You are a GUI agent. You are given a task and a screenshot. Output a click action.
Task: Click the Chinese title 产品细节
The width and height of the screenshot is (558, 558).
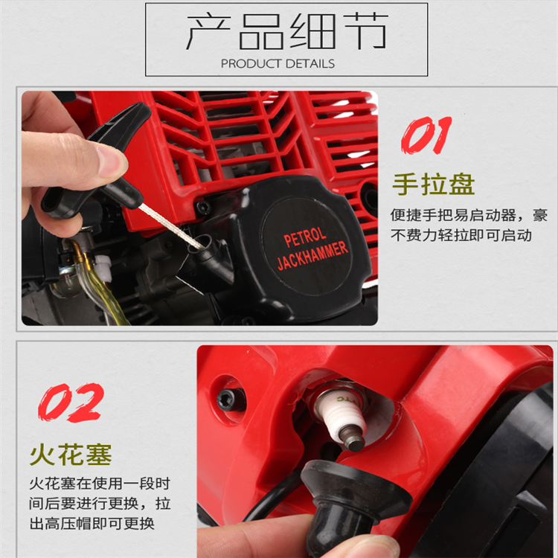coord(287,31)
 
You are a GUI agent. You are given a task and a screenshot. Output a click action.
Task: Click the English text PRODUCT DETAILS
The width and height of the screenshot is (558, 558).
coord(278,64)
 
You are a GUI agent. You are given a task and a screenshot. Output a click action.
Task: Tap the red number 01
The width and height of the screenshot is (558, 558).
coord(426,135)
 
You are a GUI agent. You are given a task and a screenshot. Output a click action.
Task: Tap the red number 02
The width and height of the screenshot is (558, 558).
coord(71,402)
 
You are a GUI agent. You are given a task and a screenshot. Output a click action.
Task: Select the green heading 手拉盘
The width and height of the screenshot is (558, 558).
coord(434,184)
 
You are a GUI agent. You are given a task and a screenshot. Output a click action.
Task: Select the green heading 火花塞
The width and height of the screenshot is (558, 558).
coord(71,455)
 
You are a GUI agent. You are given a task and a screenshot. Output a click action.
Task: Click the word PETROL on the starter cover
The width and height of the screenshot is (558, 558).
coord(304,237)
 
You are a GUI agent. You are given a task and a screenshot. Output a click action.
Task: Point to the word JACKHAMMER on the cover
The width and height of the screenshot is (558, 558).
coord(312,255)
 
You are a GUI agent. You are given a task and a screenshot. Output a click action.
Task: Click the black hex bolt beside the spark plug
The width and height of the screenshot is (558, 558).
coord(231,400)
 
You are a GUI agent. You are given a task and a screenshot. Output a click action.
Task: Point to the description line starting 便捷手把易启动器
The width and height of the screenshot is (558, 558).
coord(469,215)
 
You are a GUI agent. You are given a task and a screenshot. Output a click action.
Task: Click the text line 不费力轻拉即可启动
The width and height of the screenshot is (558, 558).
coord(461,235)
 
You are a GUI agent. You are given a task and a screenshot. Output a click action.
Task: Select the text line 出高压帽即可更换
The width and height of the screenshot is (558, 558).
coord(92,524)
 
